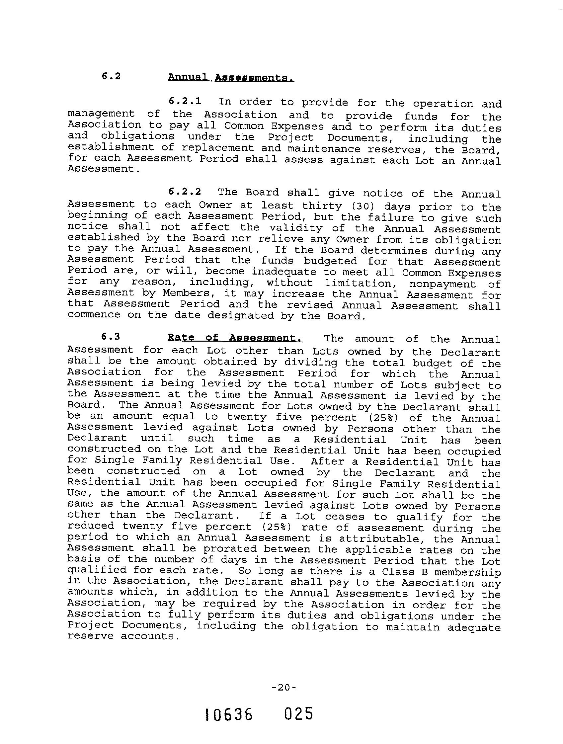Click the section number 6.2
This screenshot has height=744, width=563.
(x=111, y=76)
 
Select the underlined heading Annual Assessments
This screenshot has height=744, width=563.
(x=231, y=78)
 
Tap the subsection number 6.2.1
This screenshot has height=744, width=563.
(x=185, y=101)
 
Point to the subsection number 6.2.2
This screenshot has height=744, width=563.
(x=185, y=192)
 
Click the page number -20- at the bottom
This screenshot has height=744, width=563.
(x=284, y=688)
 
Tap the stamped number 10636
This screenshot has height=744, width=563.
(x=229, y=715)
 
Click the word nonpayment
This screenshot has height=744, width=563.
(x=442, y=284)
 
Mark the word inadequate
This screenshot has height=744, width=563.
(x=284, y=272)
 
